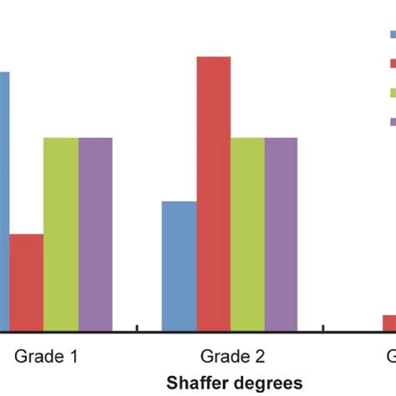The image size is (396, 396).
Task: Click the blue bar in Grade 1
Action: click(x=4, y=201)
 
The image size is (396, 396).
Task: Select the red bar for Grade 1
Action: click(x=26, y=282)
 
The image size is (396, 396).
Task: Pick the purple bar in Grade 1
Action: click(x=95, y=233)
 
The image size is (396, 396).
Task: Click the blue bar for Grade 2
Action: click(x=179, y=265)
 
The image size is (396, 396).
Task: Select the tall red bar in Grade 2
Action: click(x=213, y=193)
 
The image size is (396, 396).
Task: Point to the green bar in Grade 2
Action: click(x=247, y=233)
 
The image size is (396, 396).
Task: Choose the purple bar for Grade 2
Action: click(x=281, y=233)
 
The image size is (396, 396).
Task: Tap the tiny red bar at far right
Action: click(x=389, y=322)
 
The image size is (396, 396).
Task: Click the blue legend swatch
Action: click(x=392, y=34)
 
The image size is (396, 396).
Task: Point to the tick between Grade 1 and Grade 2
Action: click(x=136, y=327)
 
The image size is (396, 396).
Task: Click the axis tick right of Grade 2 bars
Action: click(x=322, y=327)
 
